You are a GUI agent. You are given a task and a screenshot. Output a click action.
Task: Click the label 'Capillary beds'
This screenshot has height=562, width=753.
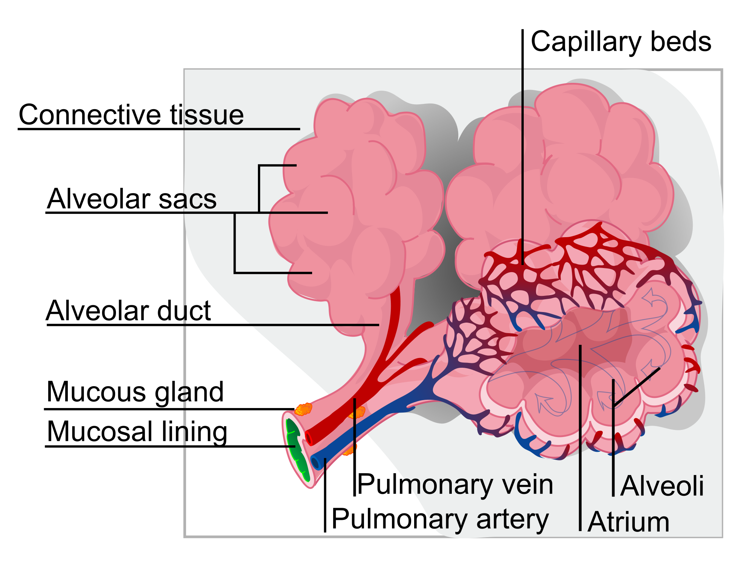pos(620,42)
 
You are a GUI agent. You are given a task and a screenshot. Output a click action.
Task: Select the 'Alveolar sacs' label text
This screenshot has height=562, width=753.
pos(131,199)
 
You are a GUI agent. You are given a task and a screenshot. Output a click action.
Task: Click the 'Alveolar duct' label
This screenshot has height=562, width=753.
pos(128,311)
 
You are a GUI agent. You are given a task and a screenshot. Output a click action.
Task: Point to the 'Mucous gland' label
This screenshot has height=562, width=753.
pos(135,392)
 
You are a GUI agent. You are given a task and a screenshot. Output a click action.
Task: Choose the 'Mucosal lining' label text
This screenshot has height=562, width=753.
pos(137,432)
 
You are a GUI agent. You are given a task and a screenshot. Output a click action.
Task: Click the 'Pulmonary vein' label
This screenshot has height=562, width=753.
pos(455,485)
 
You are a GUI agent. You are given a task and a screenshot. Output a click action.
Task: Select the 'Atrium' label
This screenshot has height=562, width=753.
pos(628,522)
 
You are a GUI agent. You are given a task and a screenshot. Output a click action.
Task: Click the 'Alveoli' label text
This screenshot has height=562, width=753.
pos(662,486)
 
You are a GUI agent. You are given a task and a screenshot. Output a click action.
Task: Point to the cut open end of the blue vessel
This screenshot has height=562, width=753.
pos(316,463)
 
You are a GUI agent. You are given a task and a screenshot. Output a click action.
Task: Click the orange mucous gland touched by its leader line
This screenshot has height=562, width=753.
pos(303,409)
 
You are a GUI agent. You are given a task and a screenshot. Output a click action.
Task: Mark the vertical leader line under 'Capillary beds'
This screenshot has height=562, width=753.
pos(523,151)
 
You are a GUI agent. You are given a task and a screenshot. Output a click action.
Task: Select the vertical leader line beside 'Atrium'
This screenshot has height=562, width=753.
pos(580,437)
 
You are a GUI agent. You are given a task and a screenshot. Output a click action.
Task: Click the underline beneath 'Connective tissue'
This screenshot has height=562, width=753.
pos(158,129)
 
